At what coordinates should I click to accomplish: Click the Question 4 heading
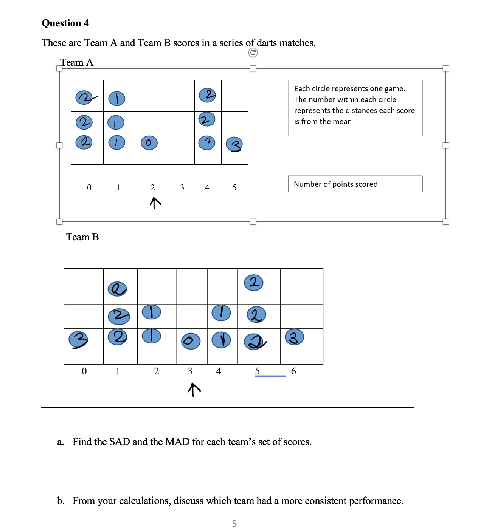[x=65, y=23]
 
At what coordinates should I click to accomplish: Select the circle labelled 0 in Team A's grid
[x=149, y=143]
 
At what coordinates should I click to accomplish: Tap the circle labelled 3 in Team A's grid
[x=234, y=144]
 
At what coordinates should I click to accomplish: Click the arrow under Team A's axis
[x=155, y=203]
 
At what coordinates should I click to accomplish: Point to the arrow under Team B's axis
[x=194, y=389]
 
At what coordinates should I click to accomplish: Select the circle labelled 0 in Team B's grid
[x=191, y=341]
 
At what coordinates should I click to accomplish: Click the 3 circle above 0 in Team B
[x=78, y=340]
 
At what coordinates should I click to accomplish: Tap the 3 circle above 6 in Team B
[x=294, y=337]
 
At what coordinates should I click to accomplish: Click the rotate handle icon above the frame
[x=253, y=53]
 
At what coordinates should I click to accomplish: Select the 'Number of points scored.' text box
[x=355, y=184]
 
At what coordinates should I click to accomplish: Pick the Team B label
[x=82, y=237]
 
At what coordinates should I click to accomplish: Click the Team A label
[x=77, y=62]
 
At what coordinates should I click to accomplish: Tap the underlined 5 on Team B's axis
[x=258, y=371]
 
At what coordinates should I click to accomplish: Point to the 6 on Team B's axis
[x=293, y=371]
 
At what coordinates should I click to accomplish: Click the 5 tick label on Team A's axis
[x=234, y=187]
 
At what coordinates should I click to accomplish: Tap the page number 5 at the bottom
[x=234, y=523]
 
